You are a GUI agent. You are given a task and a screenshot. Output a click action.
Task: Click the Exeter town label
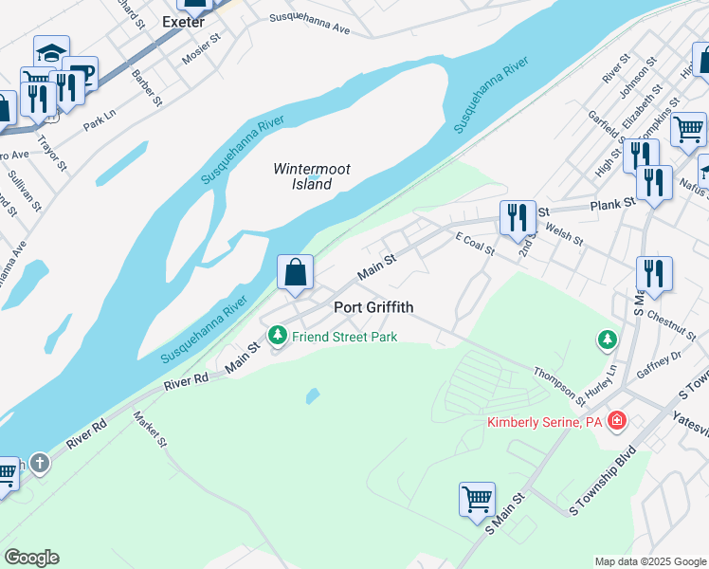tap(183, 21)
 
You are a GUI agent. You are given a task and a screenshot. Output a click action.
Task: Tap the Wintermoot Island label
tap(312, 176)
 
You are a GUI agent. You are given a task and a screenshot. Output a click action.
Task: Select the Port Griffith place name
tap(374, 307)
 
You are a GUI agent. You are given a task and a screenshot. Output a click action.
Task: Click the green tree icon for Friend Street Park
tap(278, 336)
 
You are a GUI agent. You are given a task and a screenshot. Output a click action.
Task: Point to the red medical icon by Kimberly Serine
tap(617, 419)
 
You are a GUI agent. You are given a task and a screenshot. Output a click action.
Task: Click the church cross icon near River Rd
tap(38, 464)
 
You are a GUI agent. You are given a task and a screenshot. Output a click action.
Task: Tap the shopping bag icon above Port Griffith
tap(296, 272)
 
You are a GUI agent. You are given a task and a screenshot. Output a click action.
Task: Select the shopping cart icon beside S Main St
tap(477, 499)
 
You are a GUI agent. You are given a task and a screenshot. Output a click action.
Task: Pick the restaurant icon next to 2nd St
tap(518, 217)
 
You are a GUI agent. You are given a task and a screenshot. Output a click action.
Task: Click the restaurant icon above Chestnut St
tap(654, 272)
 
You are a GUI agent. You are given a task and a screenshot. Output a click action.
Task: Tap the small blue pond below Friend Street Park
tap(312, 395)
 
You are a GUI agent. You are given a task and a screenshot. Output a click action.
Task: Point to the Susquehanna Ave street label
tap(309, 24)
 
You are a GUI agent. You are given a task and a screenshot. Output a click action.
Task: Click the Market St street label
tap(150, 429)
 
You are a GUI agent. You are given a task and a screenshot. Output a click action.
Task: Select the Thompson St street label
tap(560, 384)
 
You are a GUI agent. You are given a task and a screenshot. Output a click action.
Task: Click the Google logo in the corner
tap(31, 558)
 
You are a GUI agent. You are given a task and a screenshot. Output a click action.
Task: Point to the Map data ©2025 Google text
tap(650, 561)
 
